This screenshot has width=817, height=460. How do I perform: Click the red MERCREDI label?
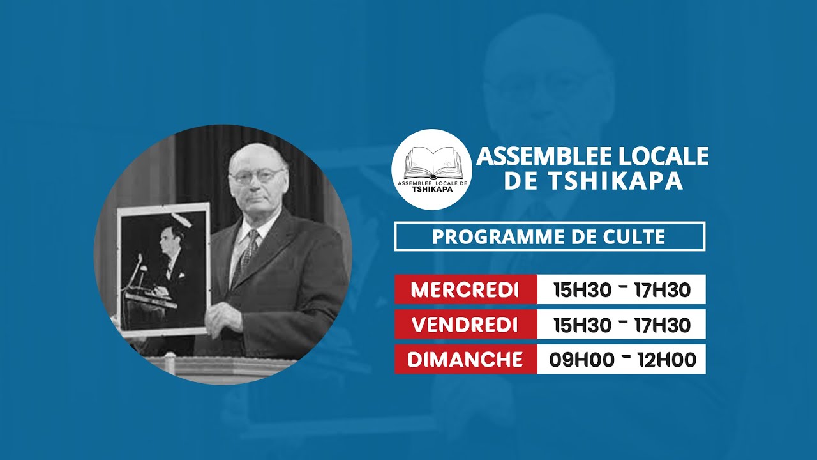pyautogui.click(x=465, y=289)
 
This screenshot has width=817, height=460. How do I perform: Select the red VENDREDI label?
pyautogui.click(x=465, y=325)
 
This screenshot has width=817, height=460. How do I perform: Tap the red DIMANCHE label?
pyautogui.click(x=465, y=359)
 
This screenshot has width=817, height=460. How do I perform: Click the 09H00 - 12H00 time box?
pyautogui.click(x=622, y=359)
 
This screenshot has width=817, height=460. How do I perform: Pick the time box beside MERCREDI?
pyautogui.click(x=622, y=289)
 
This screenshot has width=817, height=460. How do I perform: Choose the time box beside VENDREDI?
pyautogui.click(x=622, y=325)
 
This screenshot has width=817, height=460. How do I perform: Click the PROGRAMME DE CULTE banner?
pyautogui.click(x=550, y=236)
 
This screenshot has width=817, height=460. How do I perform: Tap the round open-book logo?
pyautogui.click(x=431, y=169)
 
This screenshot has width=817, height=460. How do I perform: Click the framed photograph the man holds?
pyautogui.click(x=163, y=268)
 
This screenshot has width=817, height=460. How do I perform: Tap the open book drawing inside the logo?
pyautogui.click(x=431, y=163)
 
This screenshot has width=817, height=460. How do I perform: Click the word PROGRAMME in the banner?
pyautogui.click(x=492, y=236)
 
